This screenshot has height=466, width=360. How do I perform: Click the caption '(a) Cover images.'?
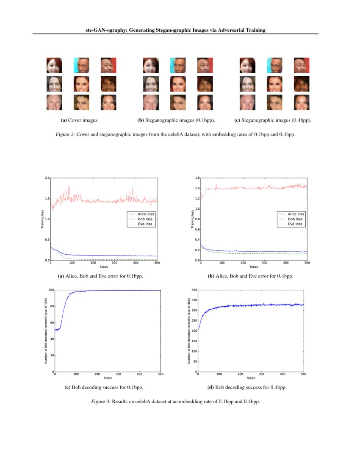80,120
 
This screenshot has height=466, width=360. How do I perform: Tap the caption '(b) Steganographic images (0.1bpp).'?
176,120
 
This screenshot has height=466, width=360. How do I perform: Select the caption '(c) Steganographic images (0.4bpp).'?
273,120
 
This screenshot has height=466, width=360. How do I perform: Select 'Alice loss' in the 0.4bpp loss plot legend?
296,214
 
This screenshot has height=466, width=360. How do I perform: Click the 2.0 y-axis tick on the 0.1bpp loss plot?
47,178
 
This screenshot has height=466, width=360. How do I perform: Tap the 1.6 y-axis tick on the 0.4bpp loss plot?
197,178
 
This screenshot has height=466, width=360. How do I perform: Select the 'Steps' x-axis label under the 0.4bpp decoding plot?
251,378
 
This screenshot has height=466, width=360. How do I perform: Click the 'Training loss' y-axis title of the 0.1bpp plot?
42,219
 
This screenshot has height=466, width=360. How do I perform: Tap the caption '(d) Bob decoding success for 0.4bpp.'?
251,387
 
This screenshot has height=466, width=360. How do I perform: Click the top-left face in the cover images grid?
54,65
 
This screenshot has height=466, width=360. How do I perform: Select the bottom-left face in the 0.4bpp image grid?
247,103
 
